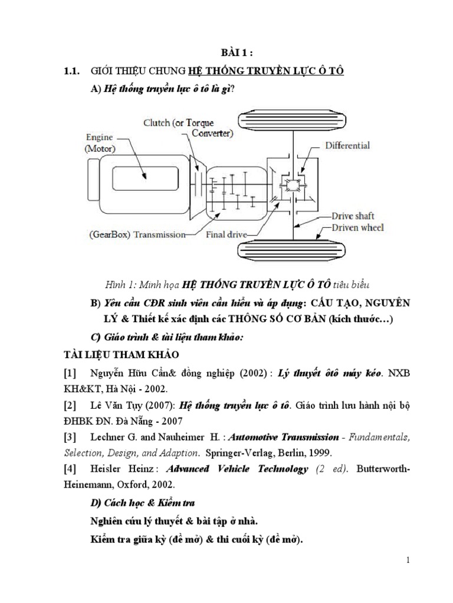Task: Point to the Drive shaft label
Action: [x=353, y=216]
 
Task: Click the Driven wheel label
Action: [x=357, y=227]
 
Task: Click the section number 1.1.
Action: [x=71, y=71]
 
